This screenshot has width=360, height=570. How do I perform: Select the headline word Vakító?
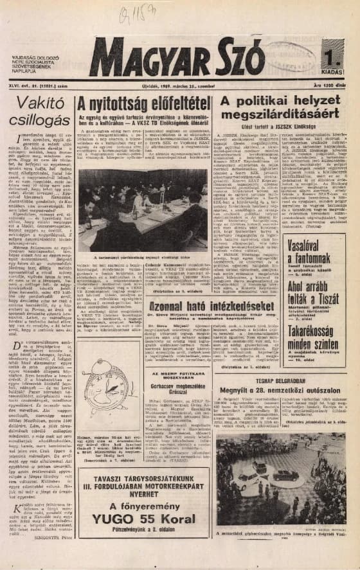[x=40, y=104]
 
